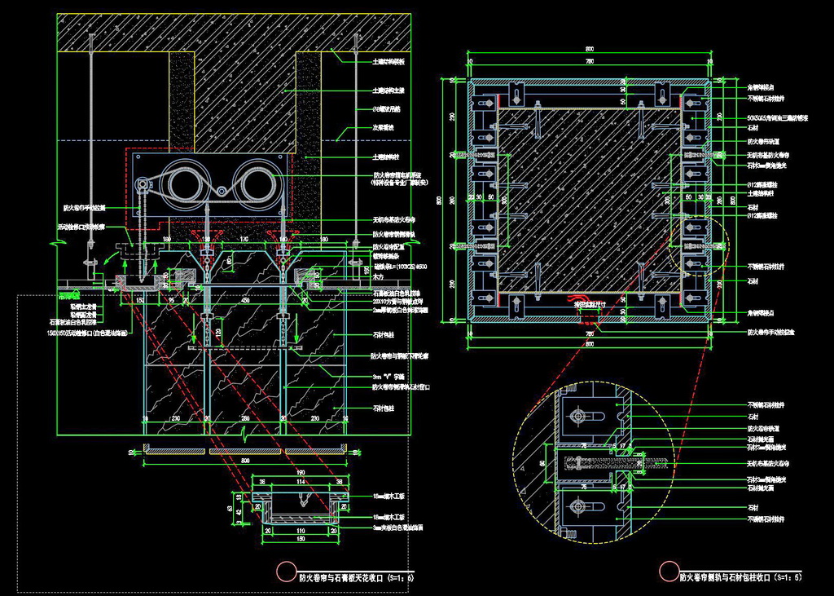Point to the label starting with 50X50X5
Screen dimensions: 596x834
tap(778, 117)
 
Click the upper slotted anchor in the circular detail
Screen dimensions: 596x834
tap(582, 417)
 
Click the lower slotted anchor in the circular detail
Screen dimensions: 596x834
tap(582, 505)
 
